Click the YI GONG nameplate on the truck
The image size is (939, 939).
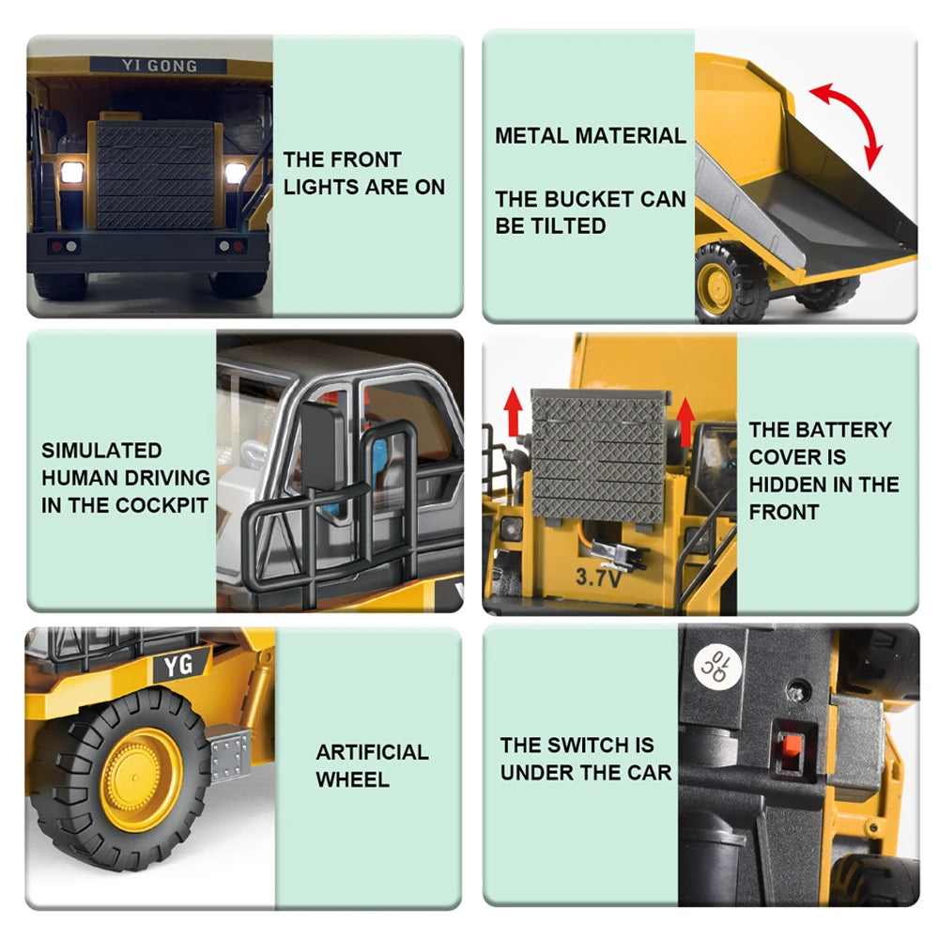(x=158, y=66)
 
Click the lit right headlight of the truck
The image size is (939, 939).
(x=235, y=173)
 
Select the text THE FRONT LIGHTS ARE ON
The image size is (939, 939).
(x=363, y=174)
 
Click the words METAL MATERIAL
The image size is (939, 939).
(x=591, y=135)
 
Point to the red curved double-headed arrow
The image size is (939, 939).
(x=848, y=122)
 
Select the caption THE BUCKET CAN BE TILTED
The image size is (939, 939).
(x=591, y=212)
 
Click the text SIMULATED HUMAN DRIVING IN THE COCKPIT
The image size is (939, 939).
(x=125, y=478)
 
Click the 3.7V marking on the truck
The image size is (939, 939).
(x=598, y=577)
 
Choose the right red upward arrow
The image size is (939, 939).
(x=685, y=418)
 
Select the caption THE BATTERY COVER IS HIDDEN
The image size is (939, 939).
(x=824, y=470)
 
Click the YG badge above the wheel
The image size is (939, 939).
(x=178, y=666)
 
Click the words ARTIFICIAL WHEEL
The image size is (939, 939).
(x=372, y=765)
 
